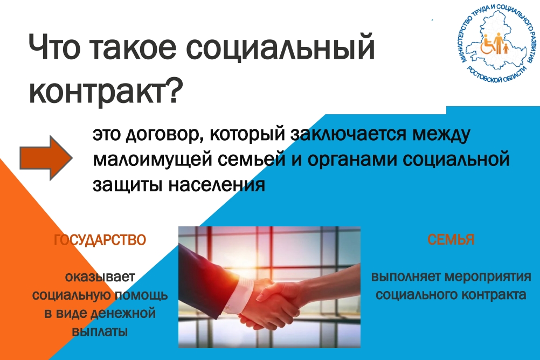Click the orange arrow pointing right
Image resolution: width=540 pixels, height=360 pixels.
click(x=46, y=158)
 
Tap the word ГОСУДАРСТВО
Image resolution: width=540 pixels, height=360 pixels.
click(x=100, y=240)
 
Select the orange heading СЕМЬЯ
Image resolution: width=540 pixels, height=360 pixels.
click(x=451, y=239)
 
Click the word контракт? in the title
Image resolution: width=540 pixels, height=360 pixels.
click(x=106, y=89)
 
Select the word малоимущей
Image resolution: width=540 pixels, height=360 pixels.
click(x=152, y=160)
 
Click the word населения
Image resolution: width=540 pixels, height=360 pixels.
click(x=217, y=185)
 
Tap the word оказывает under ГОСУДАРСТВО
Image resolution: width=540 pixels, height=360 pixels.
click(x=100, y=277)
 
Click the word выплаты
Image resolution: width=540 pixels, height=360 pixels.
click(x=100, y=332)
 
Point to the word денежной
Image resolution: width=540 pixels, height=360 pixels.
click(x=123, y=314)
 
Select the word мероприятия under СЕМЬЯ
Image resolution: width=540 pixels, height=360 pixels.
click(x=488, y=277)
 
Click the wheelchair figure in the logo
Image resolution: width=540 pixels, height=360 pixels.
click(x=487, y=45)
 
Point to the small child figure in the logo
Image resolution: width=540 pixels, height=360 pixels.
click(x=506, y=49)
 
